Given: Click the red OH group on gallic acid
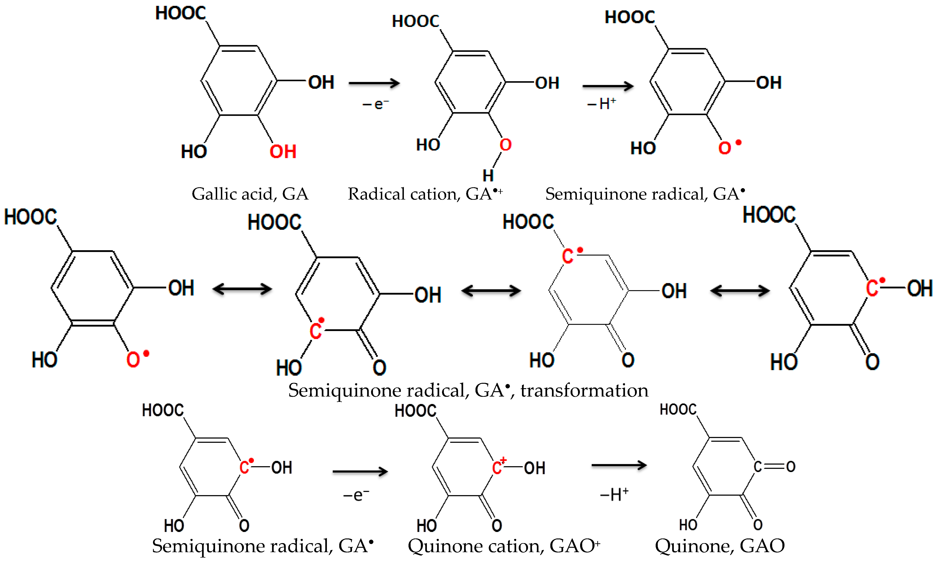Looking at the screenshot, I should pyautogui.click(x=282, y=152).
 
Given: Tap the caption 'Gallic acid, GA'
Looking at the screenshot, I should pyautogui.click(x=250, y=194).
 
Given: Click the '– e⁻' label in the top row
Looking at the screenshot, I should pyautogui.click(x=375, y=104).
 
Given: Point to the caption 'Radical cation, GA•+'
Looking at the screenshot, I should pyautogui.click(x=425, y=194).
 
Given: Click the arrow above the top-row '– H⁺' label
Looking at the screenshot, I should pyautogui.click(x=608, y=86).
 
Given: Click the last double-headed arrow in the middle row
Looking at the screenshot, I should pyautogui.click(x=740, y=291).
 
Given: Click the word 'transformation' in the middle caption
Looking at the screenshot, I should pyautogui.click(x=584, y=390).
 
